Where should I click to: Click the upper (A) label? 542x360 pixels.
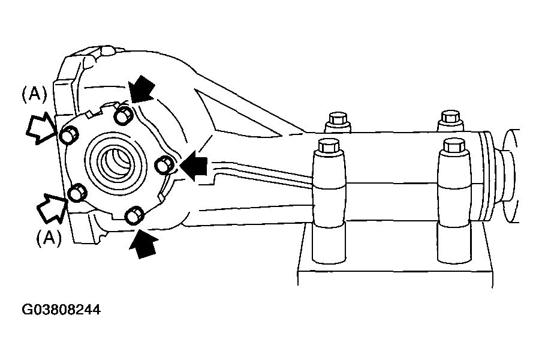tap(34, 94)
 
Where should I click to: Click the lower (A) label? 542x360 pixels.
tap(49, 238)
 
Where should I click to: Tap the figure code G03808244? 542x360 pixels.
tap(61, 310)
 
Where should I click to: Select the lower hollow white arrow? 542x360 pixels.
tap(51, 208)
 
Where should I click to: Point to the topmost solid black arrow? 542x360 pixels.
tap(142, 89)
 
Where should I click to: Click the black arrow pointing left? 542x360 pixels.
tap(194, 166)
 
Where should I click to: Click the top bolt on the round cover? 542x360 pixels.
tap(124, 115)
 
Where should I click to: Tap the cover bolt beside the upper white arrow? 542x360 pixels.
tap(69, 135)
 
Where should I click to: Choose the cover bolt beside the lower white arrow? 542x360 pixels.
tap(78, 193)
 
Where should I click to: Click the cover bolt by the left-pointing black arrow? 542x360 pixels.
tap(164, 164)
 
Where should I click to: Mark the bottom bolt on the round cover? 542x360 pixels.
tap(134, 215)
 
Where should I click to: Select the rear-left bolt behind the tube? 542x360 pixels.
tap(338, 122)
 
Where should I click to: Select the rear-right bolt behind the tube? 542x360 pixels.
tap(450, 121)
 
